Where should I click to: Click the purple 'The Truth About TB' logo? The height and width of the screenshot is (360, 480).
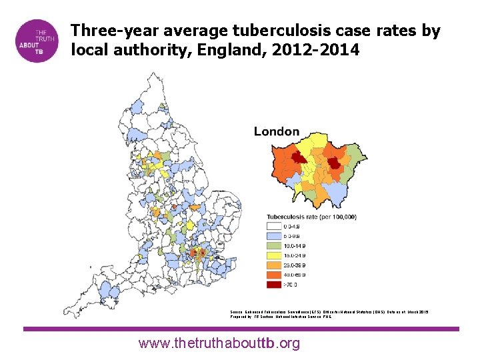[x=39, y=41]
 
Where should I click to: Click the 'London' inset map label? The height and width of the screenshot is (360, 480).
[x=277, y=131]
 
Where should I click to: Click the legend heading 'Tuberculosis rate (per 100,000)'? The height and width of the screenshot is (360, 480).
[x=311, y=217]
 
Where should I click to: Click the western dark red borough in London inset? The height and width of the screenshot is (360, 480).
[x=299, y=157]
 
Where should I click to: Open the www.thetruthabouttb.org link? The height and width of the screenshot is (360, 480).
[x=219, y=343]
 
